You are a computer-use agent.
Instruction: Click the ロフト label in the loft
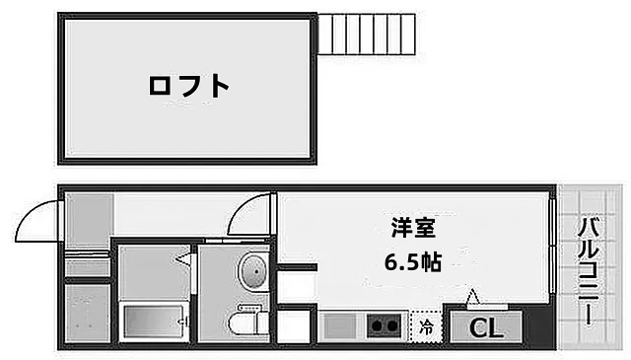pyautogui.click(x=189, y=87)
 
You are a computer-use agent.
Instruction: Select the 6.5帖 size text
pyautogui.click(x=413, y=262)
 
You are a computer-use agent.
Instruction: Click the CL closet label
pyautogui.click(x=482, y=327)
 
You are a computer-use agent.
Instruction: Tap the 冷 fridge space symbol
pyautogui.click(x=427, y=325)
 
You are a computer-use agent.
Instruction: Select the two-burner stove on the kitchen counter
pyautogui.click(x=384, y=324)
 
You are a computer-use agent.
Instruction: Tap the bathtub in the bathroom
pyautogui.click(x=152, y=322)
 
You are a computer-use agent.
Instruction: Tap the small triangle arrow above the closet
pyautogui.click(x=472, y=296)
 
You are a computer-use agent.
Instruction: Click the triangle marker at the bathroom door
pyautogui.click(x=184, y=260)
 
